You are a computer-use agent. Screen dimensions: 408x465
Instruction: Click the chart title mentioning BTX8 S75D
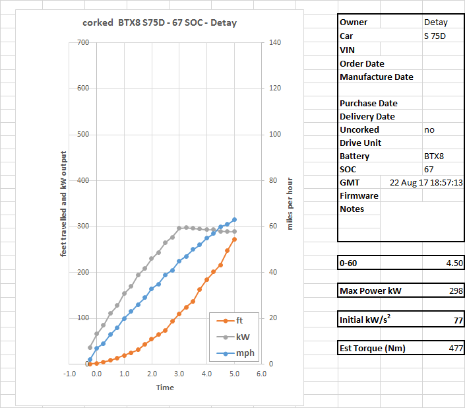pyautogui.click(x=160, y=22)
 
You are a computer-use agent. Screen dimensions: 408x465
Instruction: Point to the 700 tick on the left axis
pyautogui.click(x=82, y=43)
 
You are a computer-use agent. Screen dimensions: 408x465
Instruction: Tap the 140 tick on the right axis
pyautogui.click(x=275, y=43)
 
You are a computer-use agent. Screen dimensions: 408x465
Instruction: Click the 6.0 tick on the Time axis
pyautogui.click(x=261, y=374)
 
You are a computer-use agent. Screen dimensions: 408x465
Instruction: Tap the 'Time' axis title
pyautogui.click(x=165, y=388)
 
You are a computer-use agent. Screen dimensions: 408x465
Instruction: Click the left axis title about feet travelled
pyautogui.click(x=64, y=207)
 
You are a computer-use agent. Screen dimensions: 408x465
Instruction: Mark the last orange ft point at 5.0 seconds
pyautogui.click(x=234, y=239)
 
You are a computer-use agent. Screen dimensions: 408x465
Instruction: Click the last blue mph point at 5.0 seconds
pyautogui.click(x=234, y=220)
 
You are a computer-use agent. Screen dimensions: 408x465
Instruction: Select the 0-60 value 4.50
pyautogui.click(x=454, y=263)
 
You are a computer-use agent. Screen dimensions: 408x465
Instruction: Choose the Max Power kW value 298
pyautogui.click(x=455, y=291)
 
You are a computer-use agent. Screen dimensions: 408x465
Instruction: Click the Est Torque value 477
pyautogui.click(x=455, y=349)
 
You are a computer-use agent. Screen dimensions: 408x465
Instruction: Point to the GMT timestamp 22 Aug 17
pyautogui.click(x=426, y=183)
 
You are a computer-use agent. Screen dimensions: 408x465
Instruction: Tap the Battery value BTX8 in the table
pyautogui.click(x=434, y=156)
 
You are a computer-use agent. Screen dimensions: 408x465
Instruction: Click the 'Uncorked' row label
pyautogui.click(x=359, y=130)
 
